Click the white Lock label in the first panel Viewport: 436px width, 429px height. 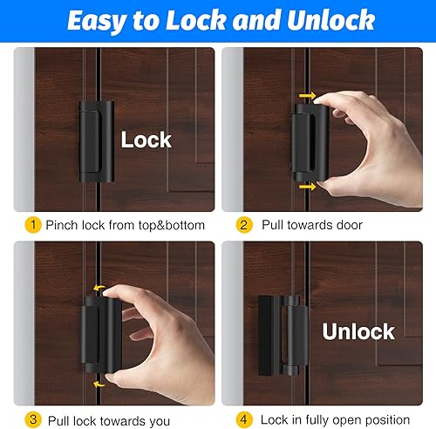tap(146, 140)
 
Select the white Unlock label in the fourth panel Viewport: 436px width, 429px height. tap(358, 331)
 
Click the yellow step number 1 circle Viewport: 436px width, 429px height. tap(33, 225)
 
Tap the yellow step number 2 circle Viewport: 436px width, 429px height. tap(245, 225)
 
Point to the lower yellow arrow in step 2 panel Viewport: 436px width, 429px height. tap(305, 186)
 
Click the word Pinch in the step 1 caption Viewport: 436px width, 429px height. tap(63, 225)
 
